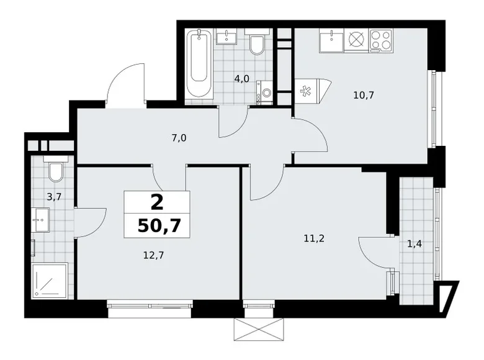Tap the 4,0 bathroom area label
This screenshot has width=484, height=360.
[241, 79]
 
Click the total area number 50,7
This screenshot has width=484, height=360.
[156, 224]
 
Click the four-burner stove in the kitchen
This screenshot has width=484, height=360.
[380, 40]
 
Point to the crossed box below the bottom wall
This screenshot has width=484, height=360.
[259, 328]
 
